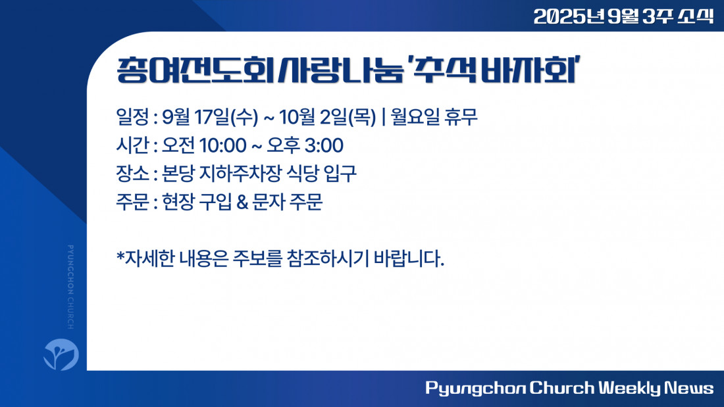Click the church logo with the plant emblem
61,354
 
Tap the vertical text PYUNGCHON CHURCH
70,287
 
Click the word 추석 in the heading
443,71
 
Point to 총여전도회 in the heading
195,71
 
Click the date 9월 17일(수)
210,117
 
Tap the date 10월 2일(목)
327,117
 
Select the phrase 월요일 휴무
434,116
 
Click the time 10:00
223,145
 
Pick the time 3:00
324,145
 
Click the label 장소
133,174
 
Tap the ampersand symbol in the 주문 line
242,202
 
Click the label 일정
133,117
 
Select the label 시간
133,145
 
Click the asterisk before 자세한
120,255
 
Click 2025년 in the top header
569,16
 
